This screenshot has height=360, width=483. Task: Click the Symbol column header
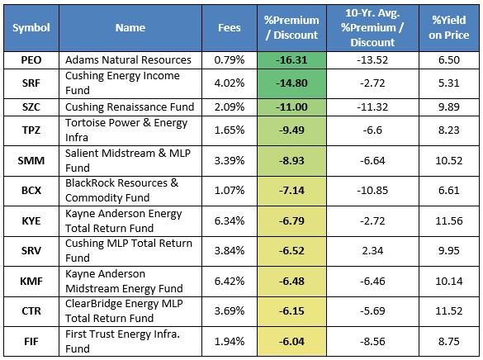tap(31, 28)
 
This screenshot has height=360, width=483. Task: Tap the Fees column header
tap(230, 28)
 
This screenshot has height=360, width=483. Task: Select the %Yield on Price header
tap(449, 28)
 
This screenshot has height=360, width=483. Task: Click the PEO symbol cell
tap(31, 60)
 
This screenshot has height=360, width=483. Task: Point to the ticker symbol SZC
tap(31, 107)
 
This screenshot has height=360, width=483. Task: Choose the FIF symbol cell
tap(31, 342)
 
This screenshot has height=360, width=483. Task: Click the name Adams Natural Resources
tap(128, 60)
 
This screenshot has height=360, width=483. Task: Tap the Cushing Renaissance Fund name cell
tap(130, 107)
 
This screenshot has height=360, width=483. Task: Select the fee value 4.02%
tap(230, 83)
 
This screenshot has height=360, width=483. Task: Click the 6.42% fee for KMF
tap(230, 282)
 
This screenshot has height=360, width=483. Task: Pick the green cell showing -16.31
tap(291, 60)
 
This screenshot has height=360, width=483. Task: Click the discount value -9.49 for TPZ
tap(291, 130)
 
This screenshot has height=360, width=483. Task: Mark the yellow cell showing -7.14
tap(291, 191)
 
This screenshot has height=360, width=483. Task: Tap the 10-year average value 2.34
tap(372, 251)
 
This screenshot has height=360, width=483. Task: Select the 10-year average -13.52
tap(372, 60)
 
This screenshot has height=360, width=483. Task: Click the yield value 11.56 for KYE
tap(449, 221)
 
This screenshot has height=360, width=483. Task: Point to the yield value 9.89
tap(449, 107)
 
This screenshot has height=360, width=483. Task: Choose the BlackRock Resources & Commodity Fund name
tap(122, 190)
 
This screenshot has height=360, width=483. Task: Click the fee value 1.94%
tap(230, 342)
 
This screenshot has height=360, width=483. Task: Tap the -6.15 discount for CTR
tap(291, 311)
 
